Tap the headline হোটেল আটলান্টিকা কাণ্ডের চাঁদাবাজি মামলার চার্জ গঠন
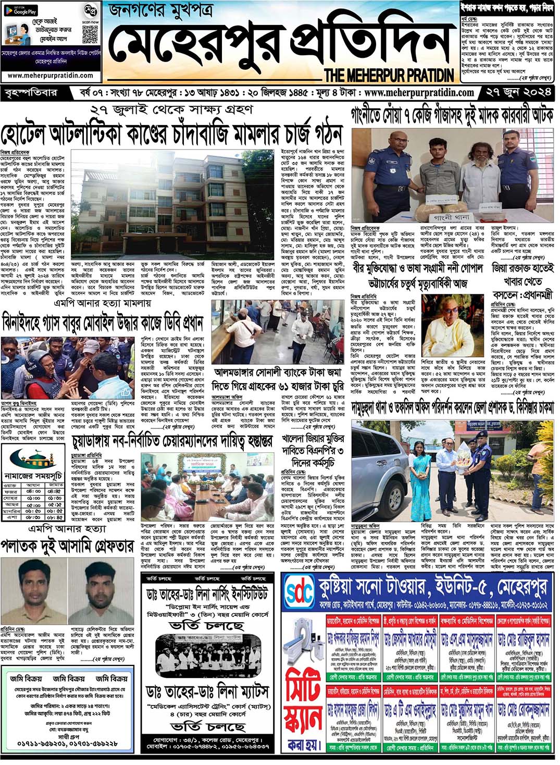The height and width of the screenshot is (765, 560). point(171,134)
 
